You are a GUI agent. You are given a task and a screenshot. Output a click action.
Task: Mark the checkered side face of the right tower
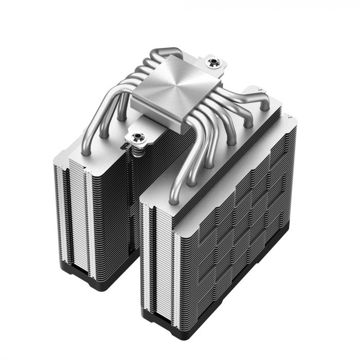coord(242,231)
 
